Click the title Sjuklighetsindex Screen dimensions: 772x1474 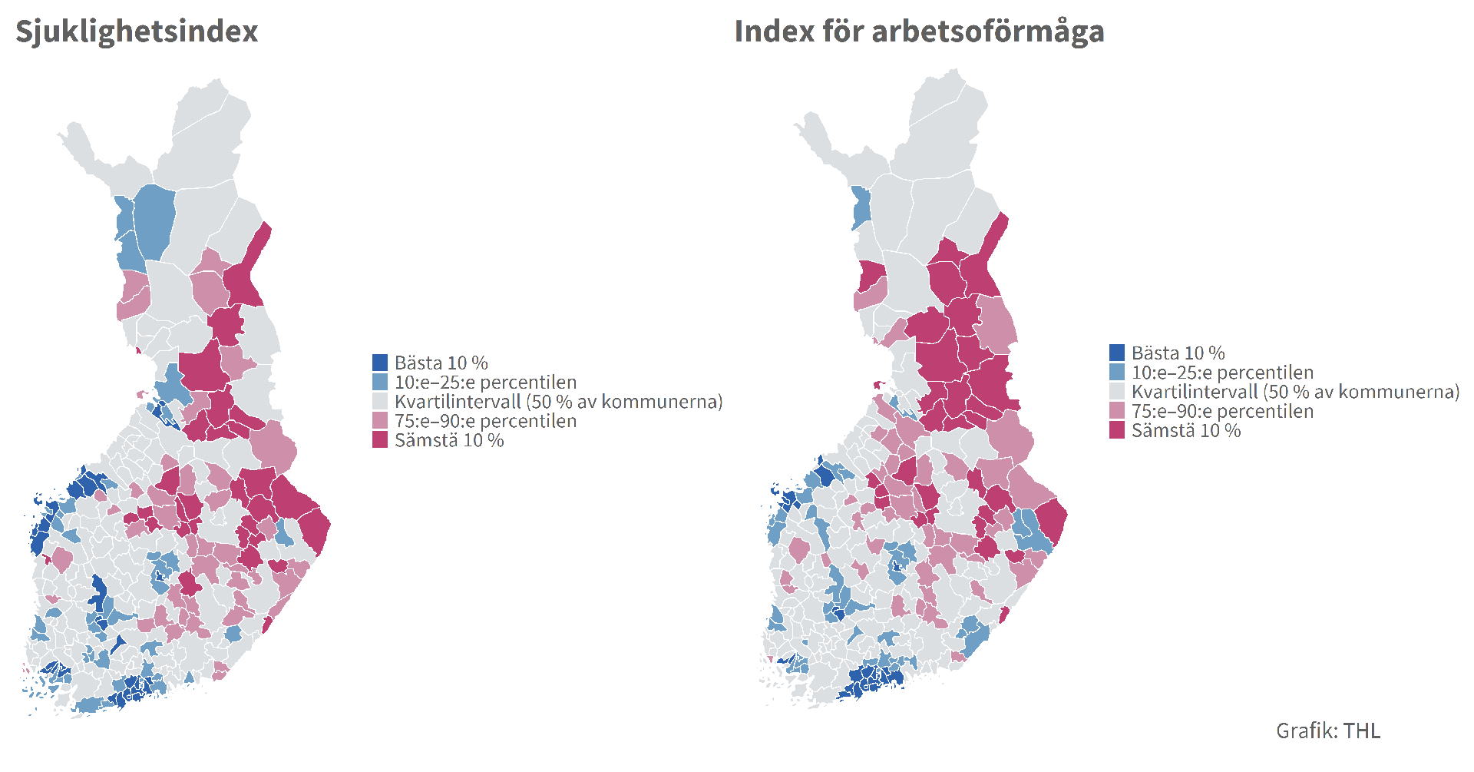[x=137, y=31]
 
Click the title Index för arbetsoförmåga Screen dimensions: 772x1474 [x=919, y=31]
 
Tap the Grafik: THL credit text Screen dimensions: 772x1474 [x=1327, y=731]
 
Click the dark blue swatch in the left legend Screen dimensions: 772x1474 [x=379, y=363]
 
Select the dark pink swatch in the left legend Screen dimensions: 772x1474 [x=379, y=440]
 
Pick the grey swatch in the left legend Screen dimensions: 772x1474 [x=379, y=401]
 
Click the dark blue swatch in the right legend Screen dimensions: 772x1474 [x=1116, y=353]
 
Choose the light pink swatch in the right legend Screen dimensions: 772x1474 [x=1116, y=411]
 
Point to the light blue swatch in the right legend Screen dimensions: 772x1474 [x=1116, y=373]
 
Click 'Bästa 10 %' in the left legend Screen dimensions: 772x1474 [x=441, y=363]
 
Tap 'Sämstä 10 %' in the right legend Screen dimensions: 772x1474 [x=1185, y=431]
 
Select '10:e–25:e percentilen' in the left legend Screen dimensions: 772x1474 [x=485, y=382]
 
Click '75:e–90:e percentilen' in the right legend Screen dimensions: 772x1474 [x=1222, y=411]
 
